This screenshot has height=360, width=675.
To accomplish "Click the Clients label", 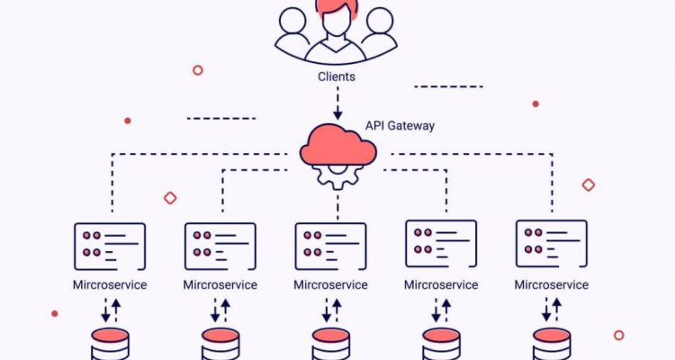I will (x=336, y=76).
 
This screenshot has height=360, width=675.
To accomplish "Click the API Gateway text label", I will (x=399, y=126).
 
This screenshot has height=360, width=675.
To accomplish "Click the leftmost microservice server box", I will (x=110, y=244).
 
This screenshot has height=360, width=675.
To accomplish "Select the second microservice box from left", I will (x=220, y=244).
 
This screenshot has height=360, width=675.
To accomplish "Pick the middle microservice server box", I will (x=330, y=245).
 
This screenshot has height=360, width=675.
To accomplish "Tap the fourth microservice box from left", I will (x=441, y=244).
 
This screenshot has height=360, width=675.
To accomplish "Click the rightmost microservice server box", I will (x=552, y=244).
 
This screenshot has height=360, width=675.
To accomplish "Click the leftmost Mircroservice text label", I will (x=110, y=285).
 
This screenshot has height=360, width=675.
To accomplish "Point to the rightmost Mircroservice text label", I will (x=552, y=285).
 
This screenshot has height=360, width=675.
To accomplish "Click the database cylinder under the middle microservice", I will (x=330, y=346).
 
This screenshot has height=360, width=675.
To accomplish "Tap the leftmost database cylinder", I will (x=110, y=346).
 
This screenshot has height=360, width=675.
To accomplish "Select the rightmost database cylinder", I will (x=552, y=346).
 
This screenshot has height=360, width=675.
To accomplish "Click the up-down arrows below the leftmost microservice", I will (x=110, y=311).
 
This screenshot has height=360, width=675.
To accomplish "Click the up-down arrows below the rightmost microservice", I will (x=552, y=311).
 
